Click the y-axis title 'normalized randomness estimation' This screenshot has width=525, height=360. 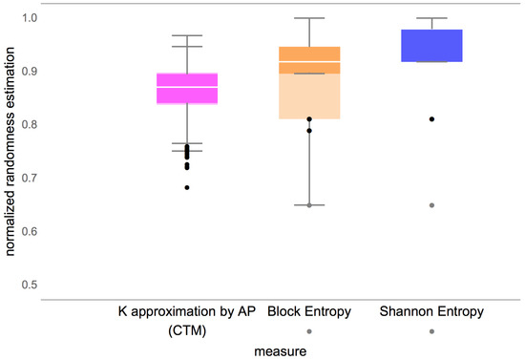point(10,152)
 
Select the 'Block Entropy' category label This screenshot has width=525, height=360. point(309,312)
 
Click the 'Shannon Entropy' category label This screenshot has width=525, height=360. point(431,312)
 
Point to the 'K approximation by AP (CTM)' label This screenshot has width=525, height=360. point(186,320)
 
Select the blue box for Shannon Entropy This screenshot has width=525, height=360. point(431,46)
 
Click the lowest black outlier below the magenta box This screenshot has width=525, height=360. point(187,187)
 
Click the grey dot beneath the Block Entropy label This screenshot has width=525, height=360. point(309,331)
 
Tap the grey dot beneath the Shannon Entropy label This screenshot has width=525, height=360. point(431,331)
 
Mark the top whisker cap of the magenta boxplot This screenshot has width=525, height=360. point(186,35)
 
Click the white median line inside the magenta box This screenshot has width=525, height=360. point(186,87)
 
